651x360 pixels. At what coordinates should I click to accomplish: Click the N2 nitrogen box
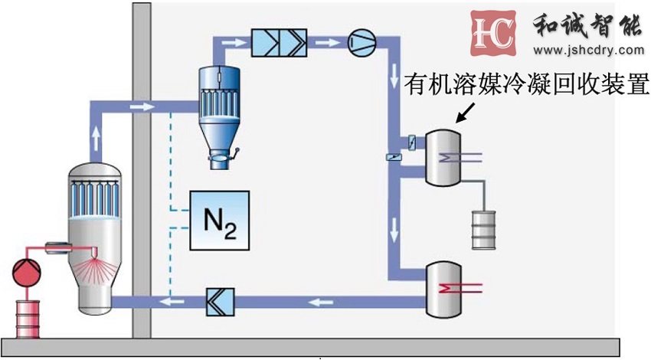[220, 219]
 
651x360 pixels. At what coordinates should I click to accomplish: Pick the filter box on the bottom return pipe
[221, 304]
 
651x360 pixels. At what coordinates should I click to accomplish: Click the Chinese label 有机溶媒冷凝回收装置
[528, 83]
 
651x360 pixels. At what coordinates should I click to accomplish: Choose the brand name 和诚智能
[586, 27]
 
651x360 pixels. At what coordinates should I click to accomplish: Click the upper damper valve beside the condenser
[411, 142]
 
